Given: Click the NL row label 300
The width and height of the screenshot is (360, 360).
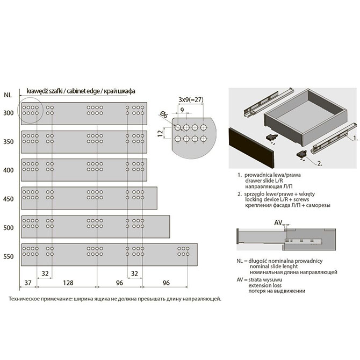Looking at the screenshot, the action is click(x=9, y=113).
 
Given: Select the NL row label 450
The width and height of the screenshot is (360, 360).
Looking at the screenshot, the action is click(x=9, y=199).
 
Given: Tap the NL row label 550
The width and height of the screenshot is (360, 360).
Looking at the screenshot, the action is click(x=9, y=256).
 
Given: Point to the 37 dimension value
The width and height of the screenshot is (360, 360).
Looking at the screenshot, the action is click(x=28, y=283).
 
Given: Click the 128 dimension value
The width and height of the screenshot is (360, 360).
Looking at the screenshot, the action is click(x=68, y=283).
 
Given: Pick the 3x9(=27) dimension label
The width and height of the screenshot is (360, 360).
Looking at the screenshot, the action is click(x=191, y=99).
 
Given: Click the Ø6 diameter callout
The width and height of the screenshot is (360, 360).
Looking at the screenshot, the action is click(x=164, y=114).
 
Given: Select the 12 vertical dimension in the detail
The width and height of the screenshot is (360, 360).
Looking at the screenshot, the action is click(x=161, y=133).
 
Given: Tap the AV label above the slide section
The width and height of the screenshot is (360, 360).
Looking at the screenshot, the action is click(x=278, y=222).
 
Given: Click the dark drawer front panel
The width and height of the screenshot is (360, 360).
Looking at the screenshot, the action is click(x=251, y=148).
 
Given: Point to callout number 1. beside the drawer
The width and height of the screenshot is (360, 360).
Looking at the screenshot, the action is click(x=355, y=138).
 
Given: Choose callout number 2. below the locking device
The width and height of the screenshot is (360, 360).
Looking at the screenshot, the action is click(x=320, y=163).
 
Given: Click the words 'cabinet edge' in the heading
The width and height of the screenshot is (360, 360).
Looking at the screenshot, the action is click(x=83, y=91).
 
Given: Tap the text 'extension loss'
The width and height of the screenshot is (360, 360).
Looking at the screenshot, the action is click(x=265, y=285).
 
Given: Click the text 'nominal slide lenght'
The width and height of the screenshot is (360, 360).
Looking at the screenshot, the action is click(x=273, y=267).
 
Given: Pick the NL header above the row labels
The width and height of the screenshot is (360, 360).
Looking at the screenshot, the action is click(x=8, y=95).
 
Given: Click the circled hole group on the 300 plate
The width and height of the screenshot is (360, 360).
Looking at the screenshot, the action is click(x=30, y=110).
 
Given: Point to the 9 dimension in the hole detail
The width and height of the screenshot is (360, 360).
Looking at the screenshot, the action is click(x=182, y=110).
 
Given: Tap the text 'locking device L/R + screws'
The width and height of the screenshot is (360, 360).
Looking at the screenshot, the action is click(x=277, y=199).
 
